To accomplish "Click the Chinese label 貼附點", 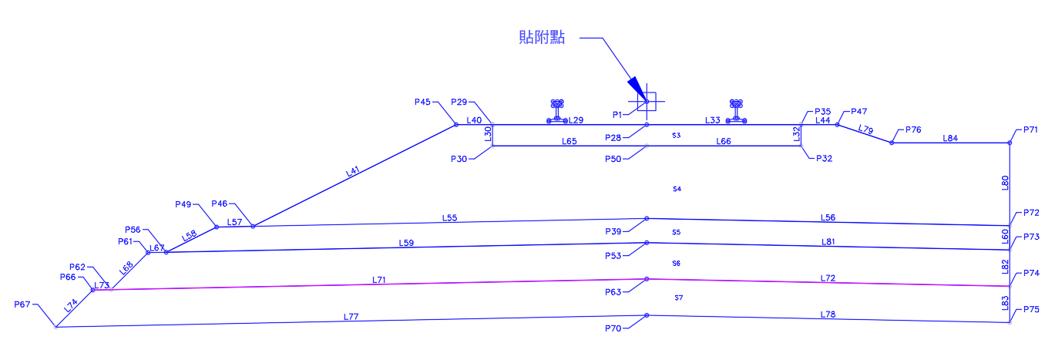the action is point(542,37).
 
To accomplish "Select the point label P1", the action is point(617,115).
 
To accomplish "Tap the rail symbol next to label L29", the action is point(557,111).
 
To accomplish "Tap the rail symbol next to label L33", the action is point(736,111).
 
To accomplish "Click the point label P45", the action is point(422,102).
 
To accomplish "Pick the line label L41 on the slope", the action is point(353,171).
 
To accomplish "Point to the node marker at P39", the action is point(647,219).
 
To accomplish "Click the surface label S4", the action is point(677,189).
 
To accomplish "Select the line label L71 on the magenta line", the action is point(378,280).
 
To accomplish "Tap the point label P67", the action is point(22,304).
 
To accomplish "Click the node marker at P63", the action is point(647,279).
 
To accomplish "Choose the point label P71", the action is point(1030,130).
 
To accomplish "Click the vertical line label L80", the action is point(1005,183).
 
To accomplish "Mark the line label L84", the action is point(950,138).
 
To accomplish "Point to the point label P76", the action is point(913,130).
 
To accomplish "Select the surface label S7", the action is point(679,298).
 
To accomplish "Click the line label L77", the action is point(351,317).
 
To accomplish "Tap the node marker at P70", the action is point(647,315).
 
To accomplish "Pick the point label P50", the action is point(613,159).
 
